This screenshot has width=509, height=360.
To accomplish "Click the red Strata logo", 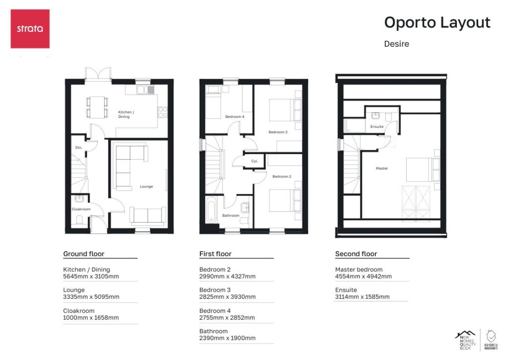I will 30,28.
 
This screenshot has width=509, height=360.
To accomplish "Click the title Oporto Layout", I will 437,23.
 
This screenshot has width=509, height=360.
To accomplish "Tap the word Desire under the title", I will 396,44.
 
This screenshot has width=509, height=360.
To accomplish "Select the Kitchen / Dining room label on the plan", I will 126,114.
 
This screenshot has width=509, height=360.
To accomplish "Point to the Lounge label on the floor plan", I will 146,186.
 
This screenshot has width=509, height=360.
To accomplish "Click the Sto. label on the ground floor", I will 79,148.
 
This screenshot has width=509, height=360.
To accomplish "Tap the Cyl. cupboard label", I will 254,161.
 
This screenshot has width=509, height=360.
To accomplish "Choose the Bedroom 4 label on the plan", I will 235,117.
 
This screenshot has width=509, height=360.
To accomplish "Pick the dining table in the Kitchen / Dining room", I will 97,106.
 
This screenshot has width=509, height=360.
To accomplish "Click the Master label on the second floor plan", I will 382,169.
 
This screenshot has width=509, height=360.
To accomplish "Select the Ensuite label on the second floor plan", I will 377,127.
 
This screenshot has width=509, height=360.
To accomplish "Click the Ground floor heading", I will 84,254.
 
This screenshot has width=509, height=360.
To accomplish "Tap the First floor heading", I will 215,254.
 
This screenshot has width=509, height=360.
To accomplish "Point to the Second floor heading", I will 356,254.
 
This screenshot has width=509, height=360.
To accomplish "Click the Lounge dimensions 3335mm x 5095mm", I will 91,297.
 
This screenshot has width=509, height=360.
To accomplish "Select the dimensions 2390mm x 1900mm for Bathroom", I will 227,338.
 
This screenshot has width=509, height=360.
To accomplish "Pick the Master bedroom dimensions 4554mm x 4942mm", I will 363,276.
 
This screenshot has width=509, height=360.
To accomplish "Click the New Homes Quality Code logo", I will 465,341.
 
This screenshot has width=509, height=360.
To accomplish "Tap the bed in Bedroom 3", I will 281,109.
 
